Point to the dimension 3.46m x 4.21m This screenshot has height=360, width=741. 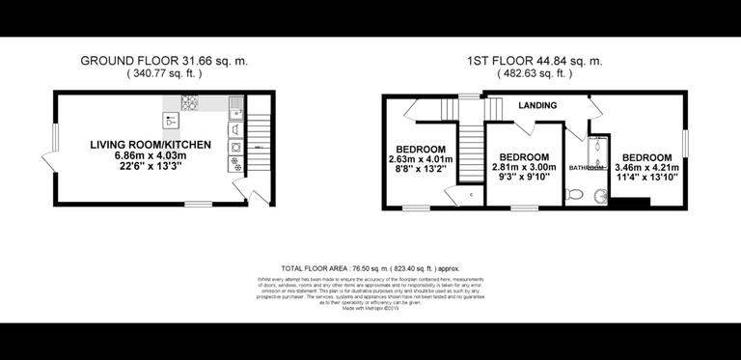646,168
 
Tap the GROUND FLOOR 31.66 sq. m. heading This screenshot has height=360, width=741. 164,60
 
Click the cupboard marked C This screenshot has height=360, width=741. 470,195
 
